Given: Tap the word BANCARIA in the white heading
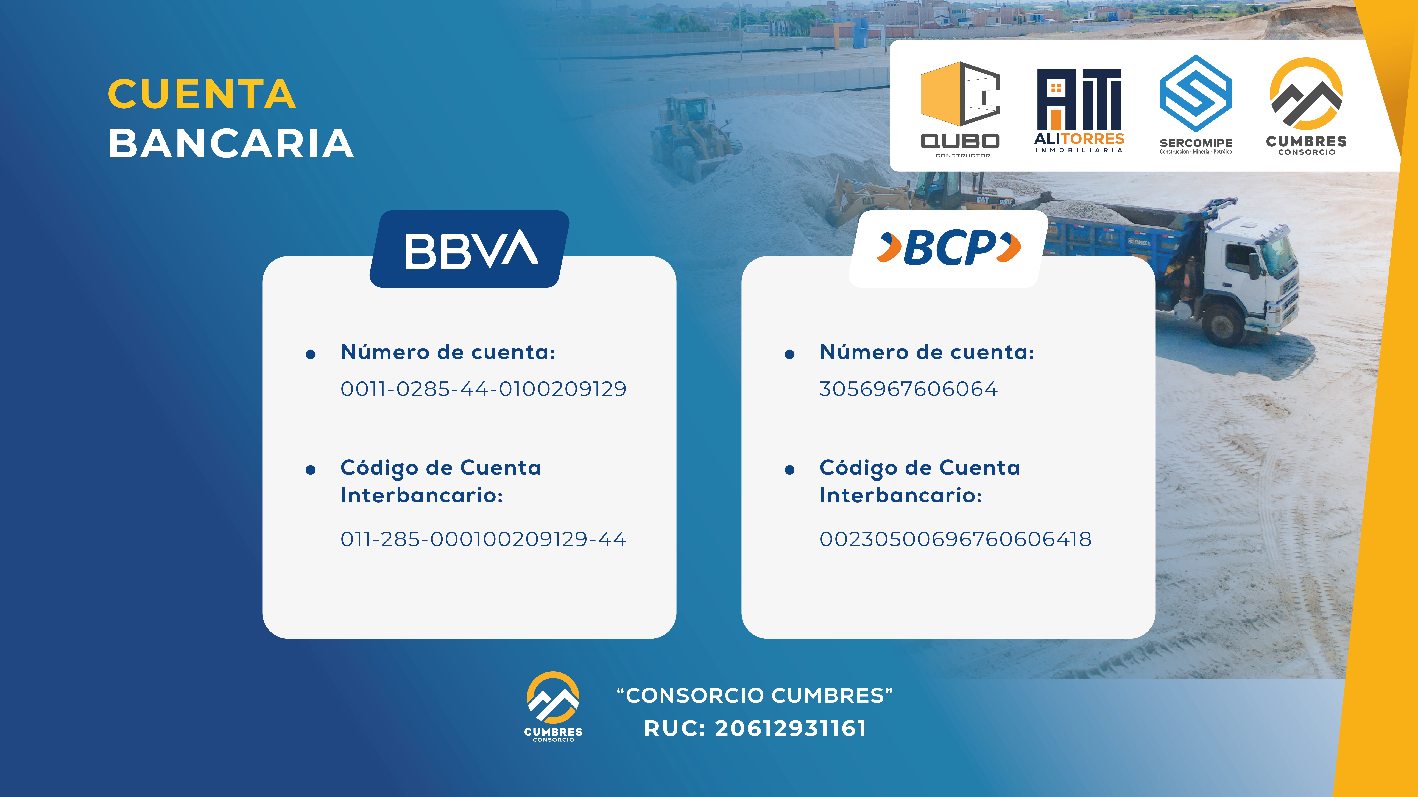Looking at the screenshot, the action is [x=231, y=144].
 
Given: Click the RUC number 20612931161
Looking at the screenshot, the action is [x=791, y=728].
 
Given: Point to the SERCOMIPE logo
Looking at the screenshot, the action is [x=1196, y=104].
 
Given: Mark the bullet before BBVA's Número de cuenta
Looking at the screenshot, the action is [x=311, y=354].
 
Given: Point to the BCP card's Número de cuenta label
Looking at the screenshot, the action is [x=927, y=352].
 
